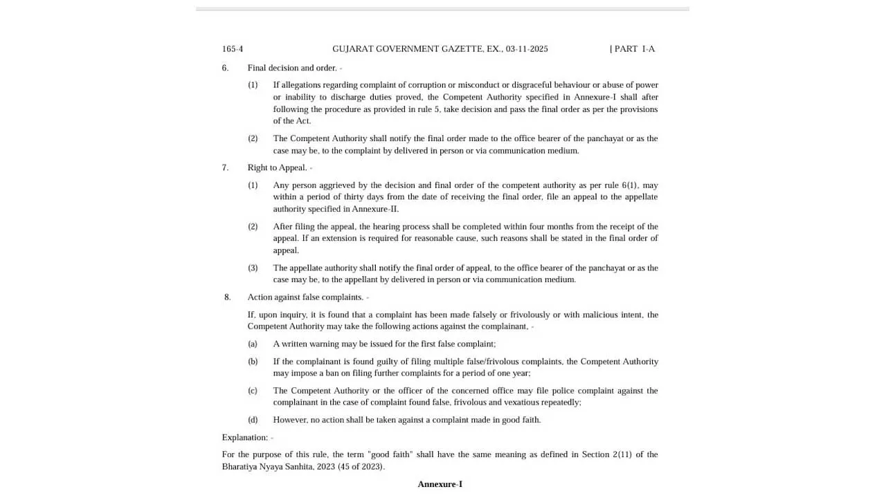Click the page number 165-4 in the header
click(x=232, y=49)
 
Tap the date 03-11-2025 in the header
click(x=526, y=49)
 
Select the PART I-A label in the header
click(x=633, y=49)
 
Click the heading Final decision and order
click(x=291, y=68)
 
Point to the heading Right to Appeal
click(x=277, y=167)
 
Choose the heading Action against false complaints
click(x=305, y=297)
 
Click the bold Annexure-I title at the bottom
click(x=440, y=484)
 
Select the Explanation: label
click(x=244, y=437)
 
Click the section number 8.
click(x=227, y=297)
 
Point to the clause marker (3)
click(x=253, y=268)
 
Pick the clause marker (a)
click(x=253, y=344)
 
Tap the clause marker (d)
click(x=253, y=420)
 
